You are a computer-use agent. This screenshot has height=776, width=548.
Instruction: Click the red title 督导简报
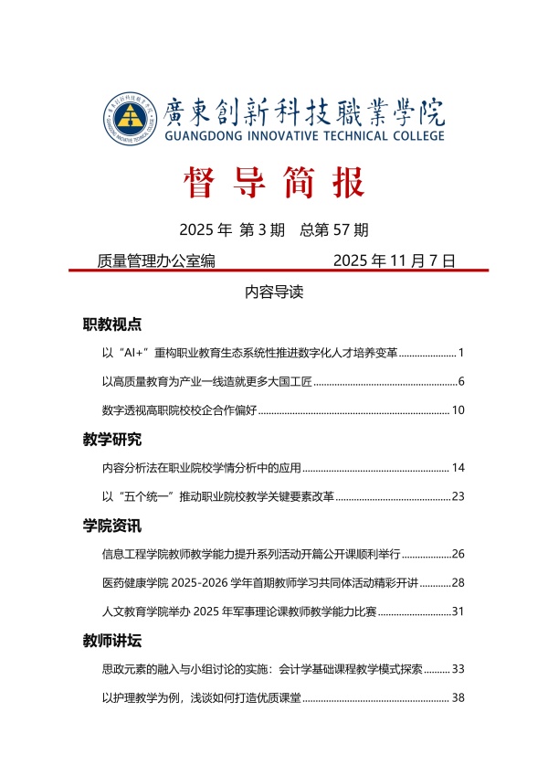(x=273, y=183)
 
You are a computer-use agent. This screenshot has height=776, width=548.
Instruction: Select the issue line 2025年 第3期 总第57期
(x=274, y=229)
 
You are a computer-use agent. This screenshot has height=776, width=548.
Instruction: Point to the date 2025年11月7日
(x=394, y=260)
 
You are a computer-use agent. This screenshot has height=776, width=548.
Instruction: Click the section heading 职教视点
(x=111, y=324)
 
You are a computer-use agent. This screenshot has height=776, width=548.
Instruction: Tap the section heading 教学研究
(x=111, y=440)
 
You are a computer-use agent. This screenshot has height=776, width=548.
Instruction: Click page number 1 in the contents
(x=461, y=353)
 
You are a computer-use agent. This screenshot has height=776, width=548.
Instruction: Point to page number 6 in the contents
(x=461, y=381)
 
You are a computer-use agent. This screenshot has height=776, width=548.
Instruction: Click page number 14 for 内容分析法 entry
(x=458, y=468)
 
